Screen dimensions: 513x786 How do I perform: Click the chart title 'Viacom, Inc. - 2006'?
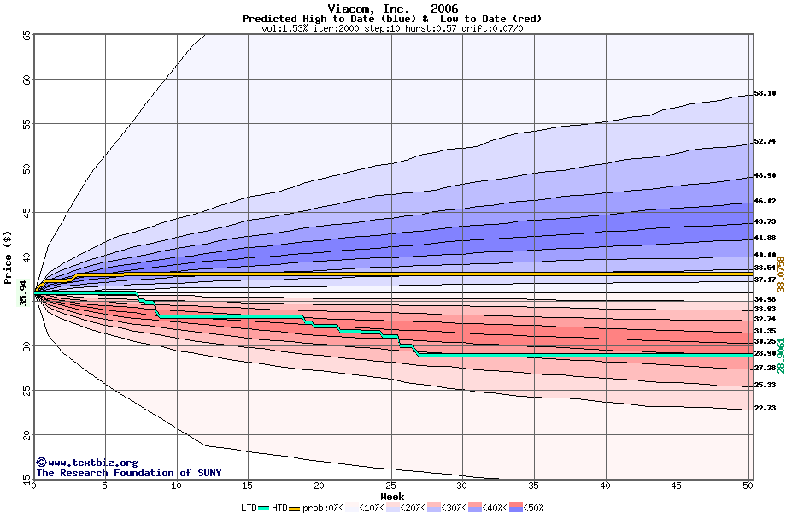tap(392, 9)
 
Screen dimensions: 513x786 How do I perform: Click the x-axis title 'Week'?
tap(392, 496)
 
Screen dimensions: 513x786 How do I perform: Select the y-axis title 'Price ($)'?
tap(9, 256)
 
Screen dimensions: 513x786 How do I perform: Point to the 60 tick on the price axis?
tap(26, 80)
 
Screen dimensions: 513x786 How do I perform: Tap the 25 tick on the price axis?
tap(26, 391)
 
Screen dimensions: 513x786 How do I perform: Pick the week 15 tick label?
tap(248, 486)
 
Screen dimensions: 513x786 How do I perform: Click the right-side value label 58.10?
tap(765, 94)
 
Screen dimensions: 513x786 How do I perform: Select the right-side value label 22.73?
tap(765, 409)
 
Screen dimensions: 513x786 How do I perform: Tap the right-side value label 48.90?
tap(765, 176)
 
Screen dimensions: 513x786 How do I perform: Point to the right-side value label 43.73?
tap(765, 221)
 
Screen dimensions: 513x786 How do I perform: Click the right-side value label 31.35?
tap(765, 331)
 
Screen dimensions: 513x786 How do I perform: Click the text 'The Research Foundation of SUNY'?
tap(128, 473)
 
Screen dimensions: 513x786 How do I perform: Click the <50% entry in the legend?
tap(530, 508)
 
